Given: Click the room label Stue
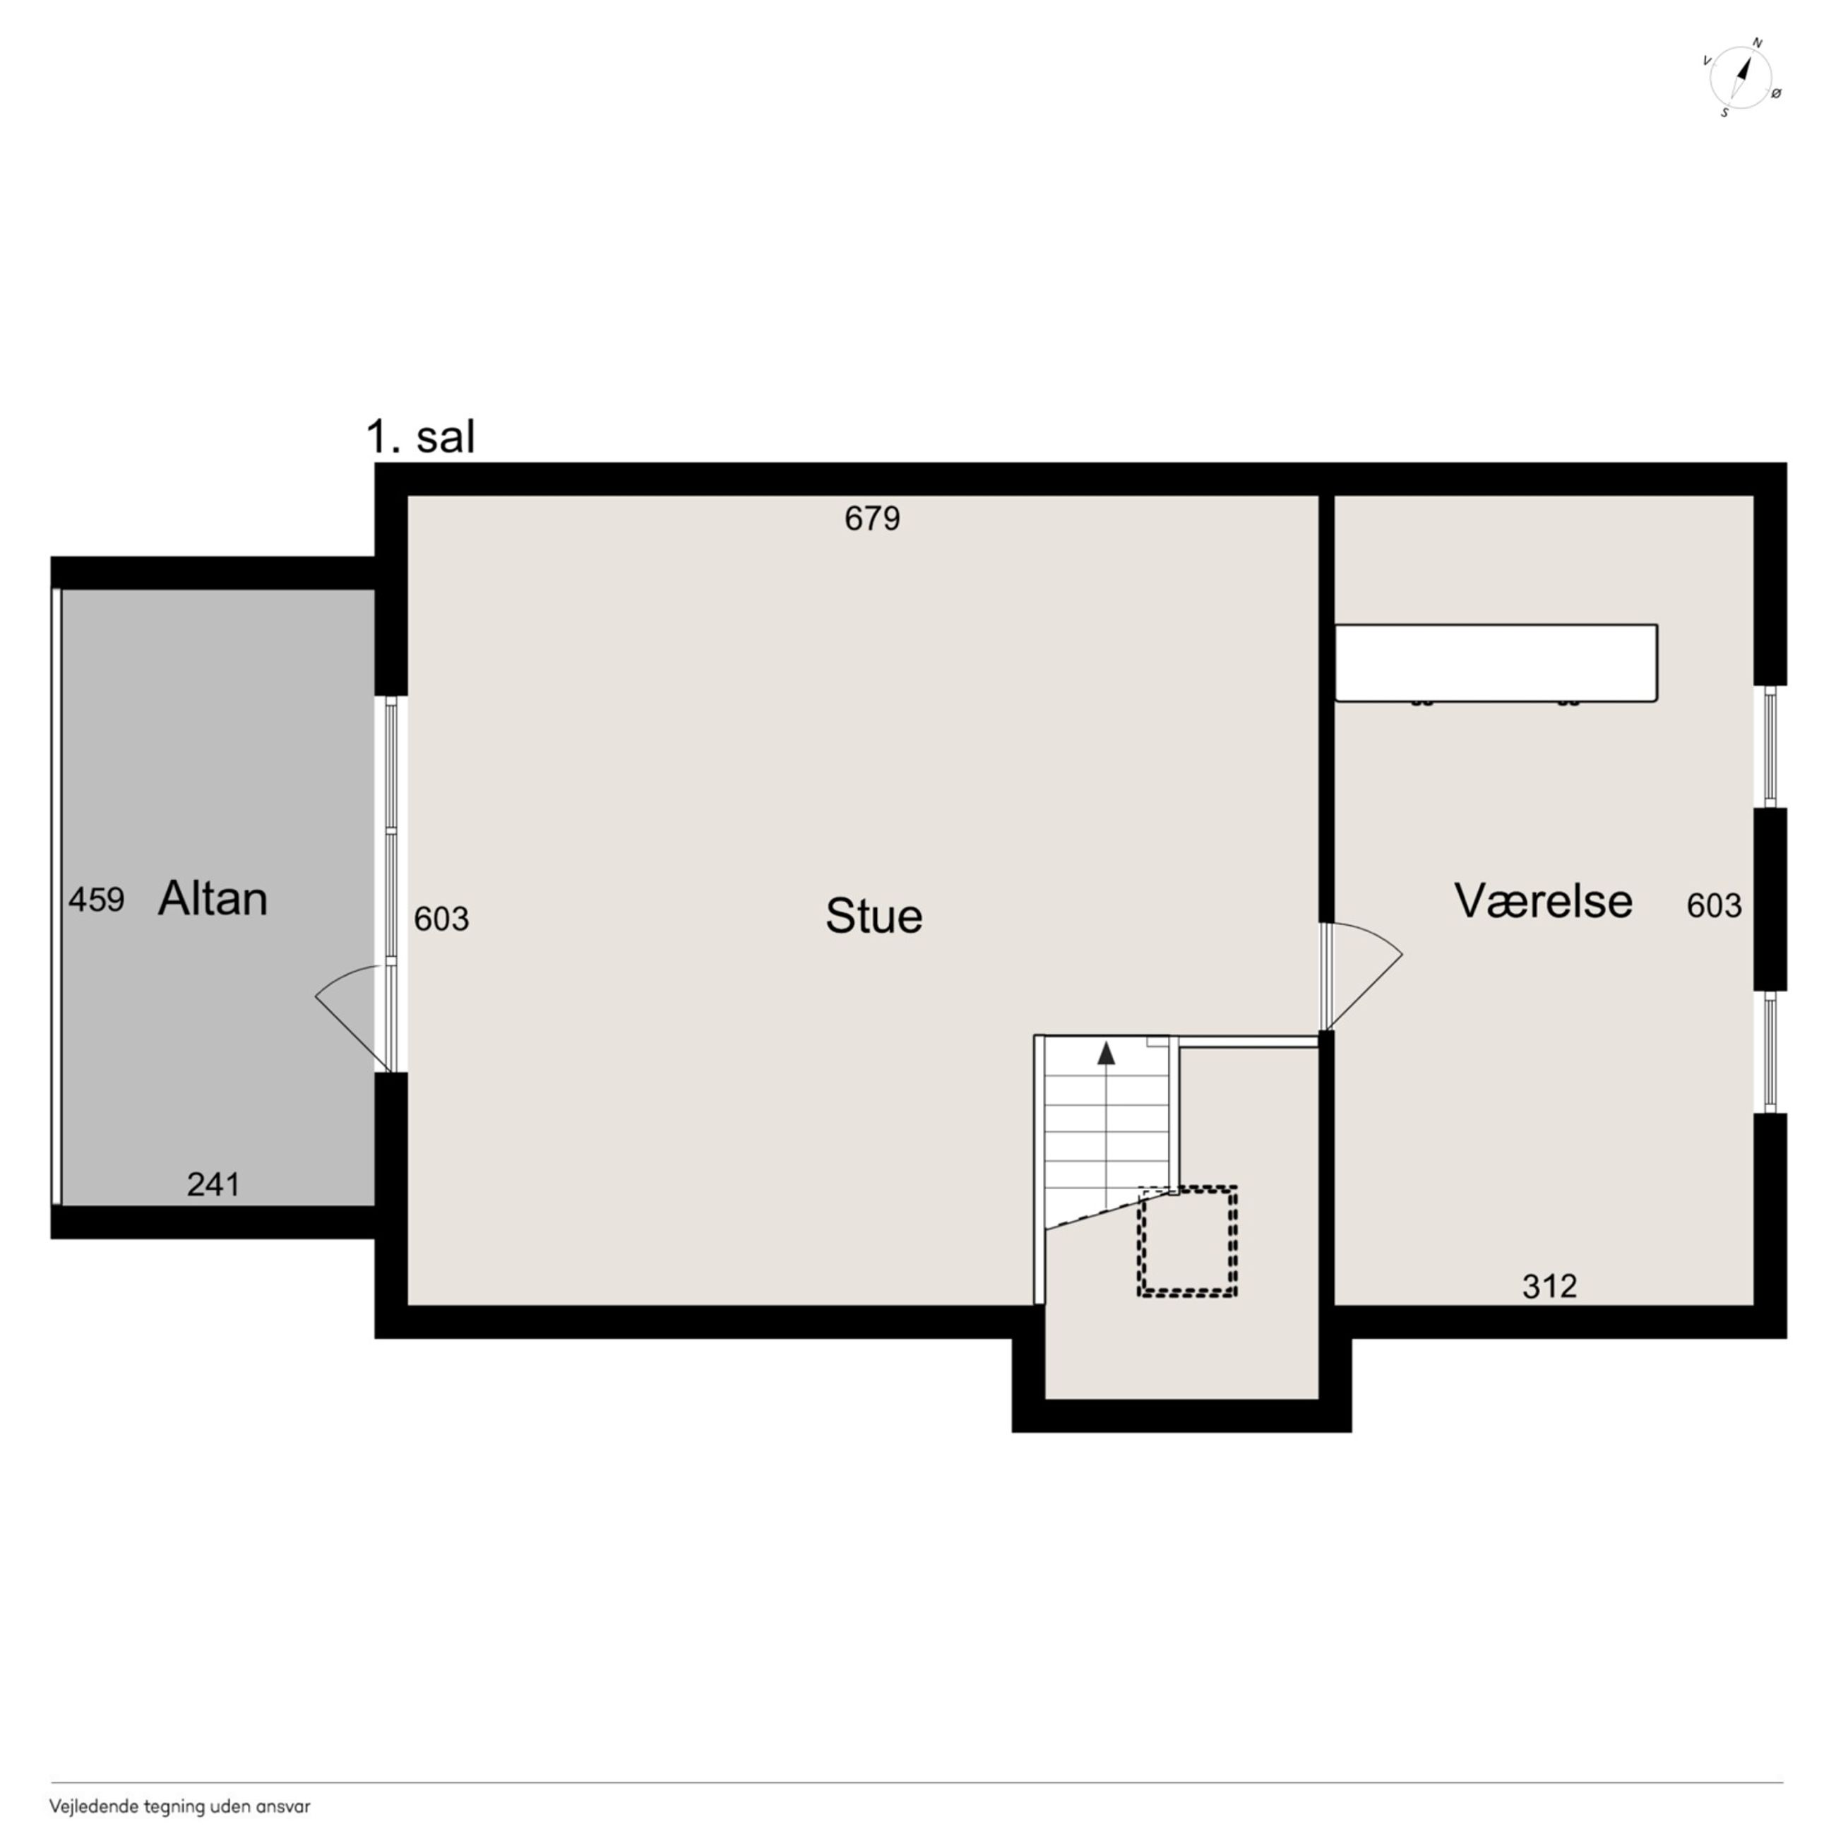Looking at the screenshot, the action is click(874, 916).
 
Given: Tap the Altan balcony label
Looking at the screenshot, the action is click(213, 898).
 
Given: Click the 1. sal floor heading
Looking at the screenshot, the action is click(420, 437).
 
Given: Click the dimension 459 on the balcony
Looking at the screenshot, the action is click(96, 899).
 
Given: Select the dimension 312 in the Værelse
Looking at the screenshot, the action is click(1550, 1286).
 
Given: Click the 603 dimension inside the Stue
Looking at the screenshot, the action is click(442, 919).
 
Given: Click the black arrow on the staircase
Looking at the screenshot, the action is click(1106, 1053).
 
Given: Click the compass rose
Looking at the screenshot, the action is click(1741, 78).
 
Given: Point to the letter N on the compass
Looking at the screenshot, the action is click(1757, 43).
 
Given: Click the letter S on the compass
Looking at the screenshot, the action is click(1725, 113).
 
